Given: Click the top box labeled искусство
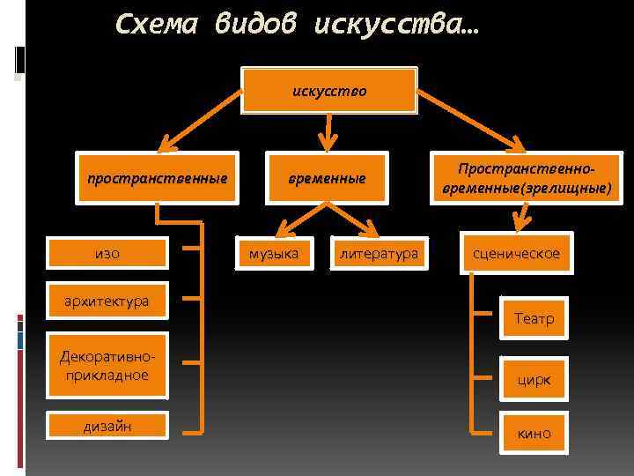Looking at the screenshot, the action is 329,90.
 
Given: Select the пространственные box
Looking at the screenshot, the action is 157,179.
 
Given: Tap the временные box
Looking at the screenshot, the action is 328,179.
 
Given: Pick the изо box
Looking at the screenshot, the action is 107,254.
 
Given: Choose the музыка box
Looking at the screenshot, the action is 274,254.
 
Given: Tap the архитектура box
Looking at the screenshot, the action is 106,301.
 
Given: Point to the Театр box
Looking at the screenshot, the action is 534,318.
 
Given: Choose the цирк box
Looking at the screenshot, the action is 534,380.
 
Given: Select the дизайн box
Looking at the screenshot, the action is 107,426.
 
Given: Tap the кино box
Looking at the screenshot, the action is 534,433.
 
